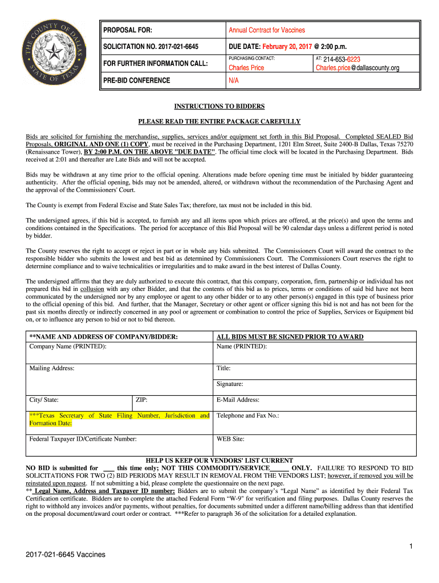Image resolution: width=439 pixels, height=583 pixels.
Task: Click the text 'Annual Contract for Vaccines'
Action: (x=267, y=30)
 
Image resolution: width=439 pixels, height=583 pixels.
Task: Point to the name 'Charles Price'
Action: (x=246, y=68)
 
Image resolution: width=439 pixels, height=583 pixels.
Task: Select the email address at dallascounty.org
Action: (x=357, y=68)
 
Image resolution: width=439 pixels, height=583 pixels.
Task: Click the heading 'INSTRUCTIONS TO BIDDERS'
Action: (x=219, y=106)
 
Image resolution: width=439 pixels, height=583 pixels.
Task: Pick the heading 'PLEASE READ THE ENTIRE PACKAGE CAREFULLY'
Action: (x=219, y=122)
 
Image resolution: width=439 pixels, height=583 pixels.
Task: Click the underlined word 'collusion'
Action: (x=92, y=289)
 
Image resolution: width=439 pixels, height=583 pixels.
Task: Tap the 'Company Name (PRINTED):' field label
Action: (x=68, y=346)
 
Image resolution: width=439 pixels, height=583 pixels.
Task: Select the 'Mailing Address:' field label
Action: (x=52, y=368)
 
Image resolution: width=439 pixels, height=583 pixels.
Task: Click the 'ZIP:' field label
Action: (x=142, y=400)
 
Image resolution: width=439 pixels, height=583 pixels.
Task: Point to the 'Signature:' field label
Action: (x=230, y=384)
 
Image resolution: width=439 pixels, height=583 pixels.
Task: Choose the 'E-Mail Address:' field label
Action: (x=238, y=400)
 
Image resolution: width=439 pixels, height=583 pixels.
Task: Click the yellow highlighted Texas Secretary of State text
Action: (x=119, y=419)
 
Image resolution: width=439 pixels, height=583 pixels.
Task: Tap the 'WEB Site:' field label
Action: (x=230, y=439)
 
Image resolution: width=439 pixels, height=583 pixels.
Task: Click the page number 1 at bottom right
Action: (x=410, y=547)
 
